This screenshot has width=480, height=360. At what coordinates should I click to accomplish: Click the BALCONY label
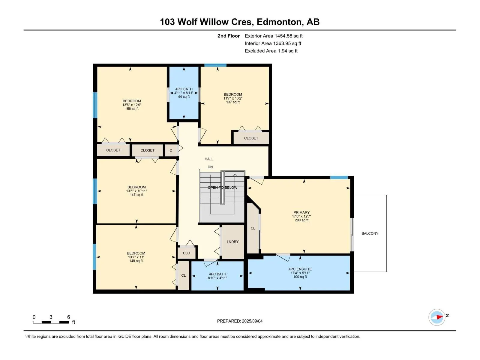pyautogui.click(x=370, y=233)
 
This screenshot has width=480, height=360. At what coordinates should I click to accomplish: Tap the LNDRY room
pyautogui.click(x=232, y=242)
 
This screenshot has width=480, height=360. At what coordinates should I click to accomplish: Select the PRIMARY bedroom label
pyautogui.click(x=301, y=212)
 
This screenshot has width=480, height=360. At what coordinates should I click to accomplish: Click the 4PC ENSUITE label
pyautogui.click(x=300, y=269)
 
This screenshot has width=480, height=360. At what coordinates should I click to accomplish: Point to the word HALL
pyautogui.click(x=209, y=159)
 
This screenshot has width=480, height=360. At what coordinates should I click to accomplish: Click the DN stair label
pyautogui.click(x=210, y=167)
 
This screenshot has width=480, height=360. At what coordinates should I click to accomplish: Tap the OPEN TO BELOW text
pyautogui.click(x=222, y=187)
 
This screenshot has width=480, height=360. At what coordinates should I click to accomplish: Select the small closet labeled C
pyautogui.click(x=171, y=150)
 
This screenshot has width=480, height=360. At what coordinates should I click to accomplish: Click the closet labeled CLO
pyautogui.click(x=186, y=253)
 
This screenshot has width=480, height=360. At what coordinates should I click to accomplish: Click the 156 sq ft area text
pyautogui.click(x=132, y=109)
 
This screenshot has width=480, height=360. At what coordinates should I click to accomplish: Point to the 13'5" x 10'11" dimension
pyautogui.click(x=136, y=191)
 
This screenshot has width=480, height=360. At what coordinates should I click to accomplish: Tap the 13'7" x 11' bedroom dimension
pyautogui.click(x=136, y=257)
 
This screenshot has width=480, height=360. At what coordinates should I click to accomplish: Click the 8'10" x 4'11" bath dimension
pyautogui.click(x=217, y=278)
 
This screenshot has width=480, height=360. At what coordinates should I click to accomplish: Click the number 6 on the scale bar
pyautogui.click(x=68, y=317)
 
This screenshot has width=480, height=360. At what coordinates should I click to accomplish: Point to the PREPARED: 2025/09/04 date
pyautogui.click(x=240, y=321)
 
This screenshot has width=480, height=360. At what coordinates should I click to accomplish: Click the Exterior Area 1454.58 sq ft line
pyautogui.click(x=274, y=36)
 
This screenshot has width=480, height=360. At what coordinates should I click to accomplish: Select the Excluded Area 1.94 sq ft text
pyautogui.click(x=271, y=51)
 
